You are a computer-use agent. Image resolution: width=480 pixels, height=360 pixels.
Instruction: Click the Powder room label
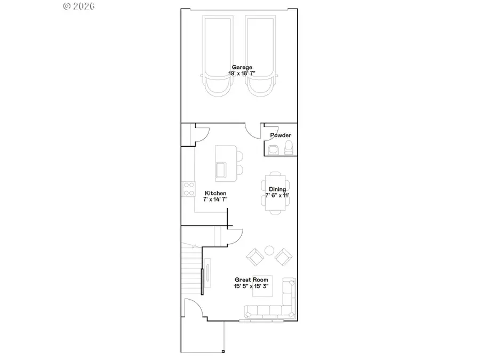tap(281, 135)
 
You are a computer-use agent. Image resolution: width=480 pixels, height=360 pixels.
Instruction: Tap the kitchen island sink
tap(220, 170)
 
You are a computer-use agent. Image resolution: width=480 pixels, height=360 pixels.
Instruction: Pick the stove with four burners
tap(188, 188)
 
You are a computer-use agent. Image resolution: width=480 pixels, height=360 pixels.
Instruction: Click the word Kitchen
tap(215, 193)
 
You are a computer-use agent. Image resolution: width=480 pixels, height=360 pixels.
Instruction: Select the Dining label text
tap(277, 189)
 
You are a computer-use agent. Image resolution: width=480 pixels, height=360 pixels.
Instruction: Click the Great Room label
tap(251, 279)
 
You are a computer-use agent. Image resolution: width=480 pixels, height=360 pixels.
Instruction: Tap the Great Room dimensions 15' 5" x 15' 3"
tap(251, 286)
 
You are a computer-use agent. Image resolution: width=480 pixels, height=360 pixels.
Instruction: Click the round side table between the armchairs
tap(270, 250)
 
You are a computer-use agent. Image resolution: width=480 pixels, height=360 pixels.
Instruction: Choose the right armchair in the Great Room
tap(283, 257)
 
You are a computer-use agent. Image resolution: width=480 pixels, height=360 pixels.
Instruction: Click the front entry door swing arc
tap(192, 306)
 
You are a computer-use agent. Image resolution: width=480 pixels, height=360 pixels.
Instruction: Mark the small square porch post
tap(223, 351)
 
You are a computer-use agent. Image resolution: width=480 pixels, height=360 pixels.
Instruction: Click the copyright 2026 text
tap(78, 6)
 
